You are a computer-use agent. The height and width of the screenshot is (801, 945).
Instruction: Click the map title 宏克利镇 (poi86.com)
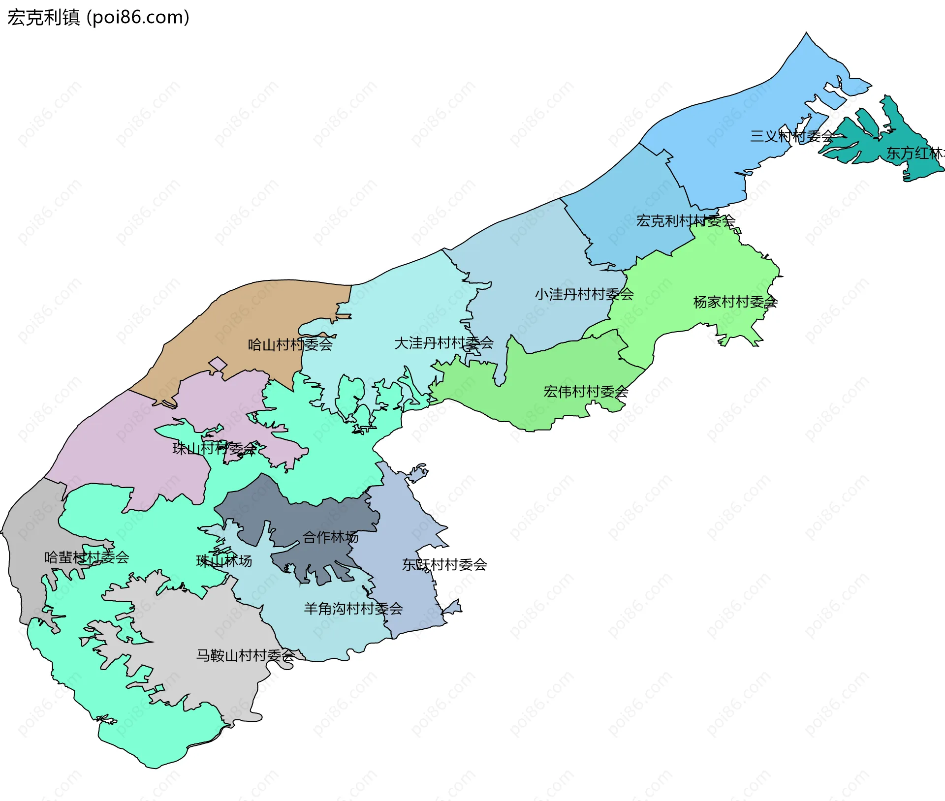(x=98, y=17)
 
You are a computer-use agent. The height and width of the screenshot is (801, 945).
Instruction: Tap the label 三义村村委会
(x=791, y=136)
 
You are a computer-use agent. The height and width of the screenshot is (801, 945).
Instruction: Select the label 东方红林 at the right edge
(x=914, y=153)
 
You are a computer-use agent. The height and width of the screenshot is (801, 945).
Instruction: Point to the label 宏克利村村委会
(x=685, y=221)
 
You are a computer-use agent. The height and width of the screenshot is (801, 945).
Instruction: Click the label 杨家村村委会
(x=735, y=302)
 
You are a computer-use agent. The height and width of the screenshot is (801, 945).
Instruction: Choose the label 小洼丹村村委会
(x=584, y=294)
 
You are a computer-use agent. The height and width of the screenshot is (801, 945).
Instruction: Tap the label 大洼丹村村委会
(x=443, y=343)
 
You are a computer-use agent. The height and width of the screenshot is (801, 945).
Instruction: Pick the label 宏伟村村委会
(x=586, y=392)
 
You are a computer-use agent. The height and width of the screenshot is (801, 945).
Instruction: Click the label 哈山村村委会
(x=290, y=344)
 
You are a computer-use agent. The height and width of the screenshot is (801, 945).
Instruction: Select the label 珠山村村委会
(x=215, y=448)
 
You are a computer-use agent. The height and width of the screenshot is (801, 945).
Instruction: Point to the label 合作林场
(x=330, y=537)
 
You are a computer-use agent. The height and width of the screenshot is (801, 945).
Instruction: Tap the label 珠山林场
(x=224, y=561)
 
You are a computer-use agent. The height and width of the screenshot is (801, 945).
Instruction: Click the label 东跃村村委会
(x=444, y=564)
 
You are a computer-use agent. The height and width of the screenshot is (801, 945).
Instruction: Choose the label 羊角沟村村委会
(x=353, y=609)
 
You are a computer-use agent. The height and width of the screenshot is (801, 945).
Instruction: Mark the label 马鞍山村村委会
(x=245, y=655)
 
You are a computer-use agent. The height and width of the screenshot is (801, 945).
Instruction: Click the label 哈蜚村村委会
(x=87, y=557)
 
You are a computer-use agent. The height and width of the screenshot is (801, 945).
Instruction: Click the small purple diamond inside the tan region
(x=218, y=364)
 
